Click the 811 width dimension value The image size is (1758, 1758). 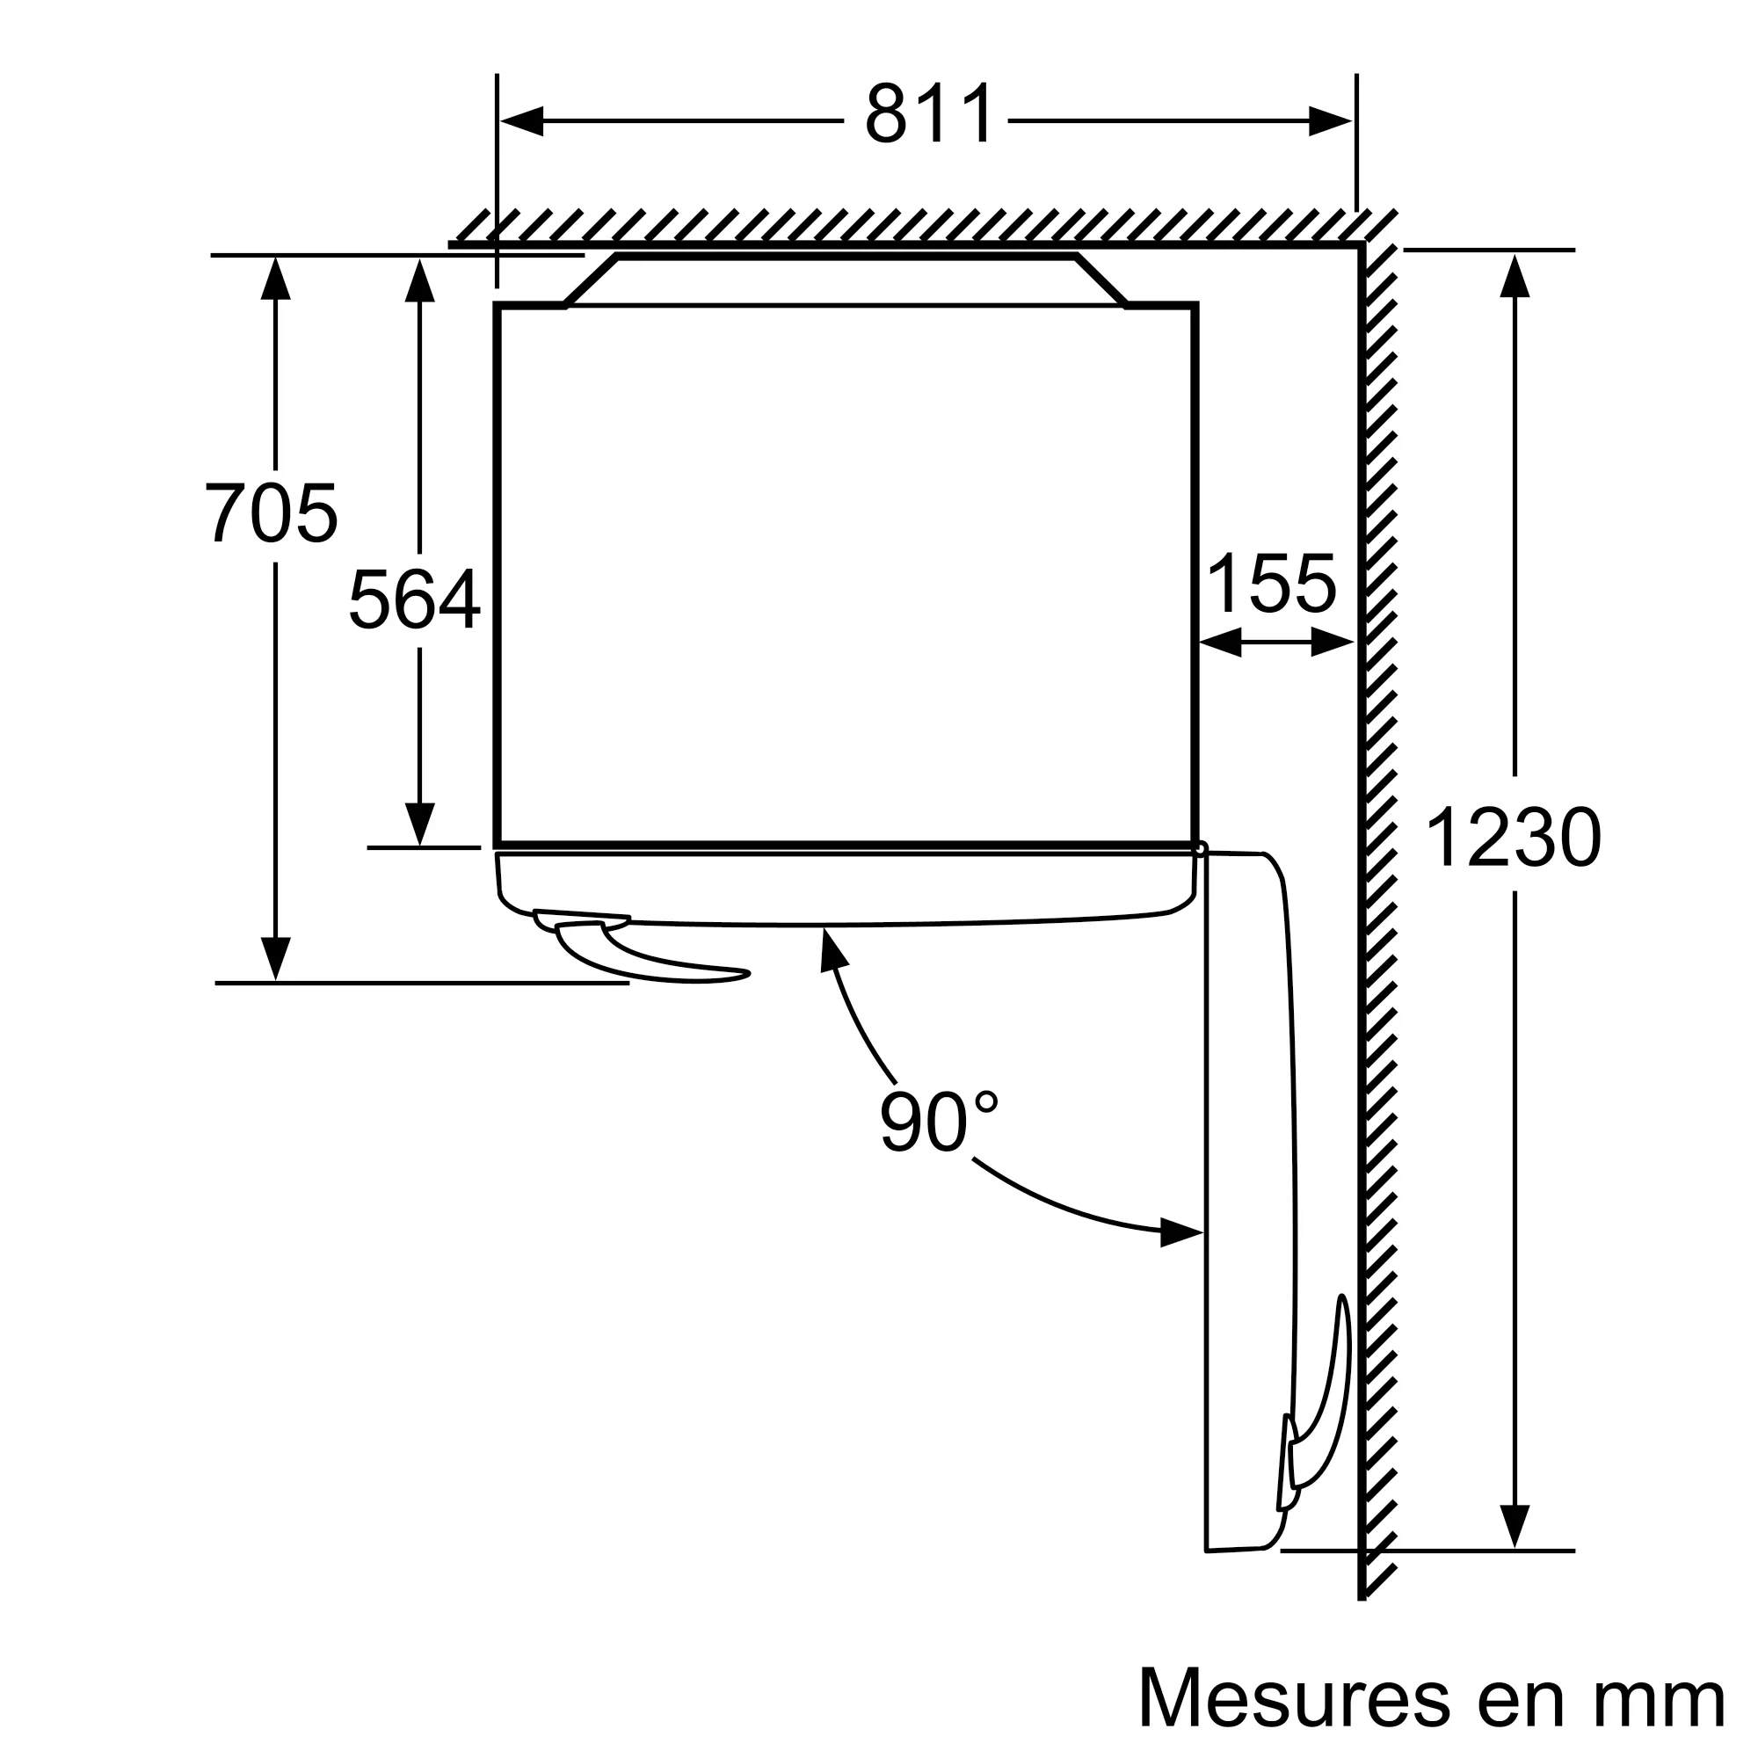(x=927, y=115)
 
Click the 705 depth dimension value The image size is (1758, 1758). (x=270, y=514)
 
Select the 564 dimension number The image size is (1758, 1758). (x=415, y=599)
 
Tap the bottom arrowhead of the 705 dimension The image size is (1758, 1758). (x=275, y=959)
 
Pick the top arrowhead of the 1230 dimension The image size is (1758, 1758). (x=1515, y=276)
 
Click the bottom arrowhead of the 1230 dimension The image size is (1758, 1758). (x=1515, y=1526)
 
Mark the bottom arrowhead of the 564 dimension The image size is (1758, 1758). (x=419, y=825)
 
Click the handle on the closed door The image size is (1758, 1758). (x=637, y=951)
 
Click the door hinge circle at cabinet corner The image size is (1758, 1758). (x=1201, y=848)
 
